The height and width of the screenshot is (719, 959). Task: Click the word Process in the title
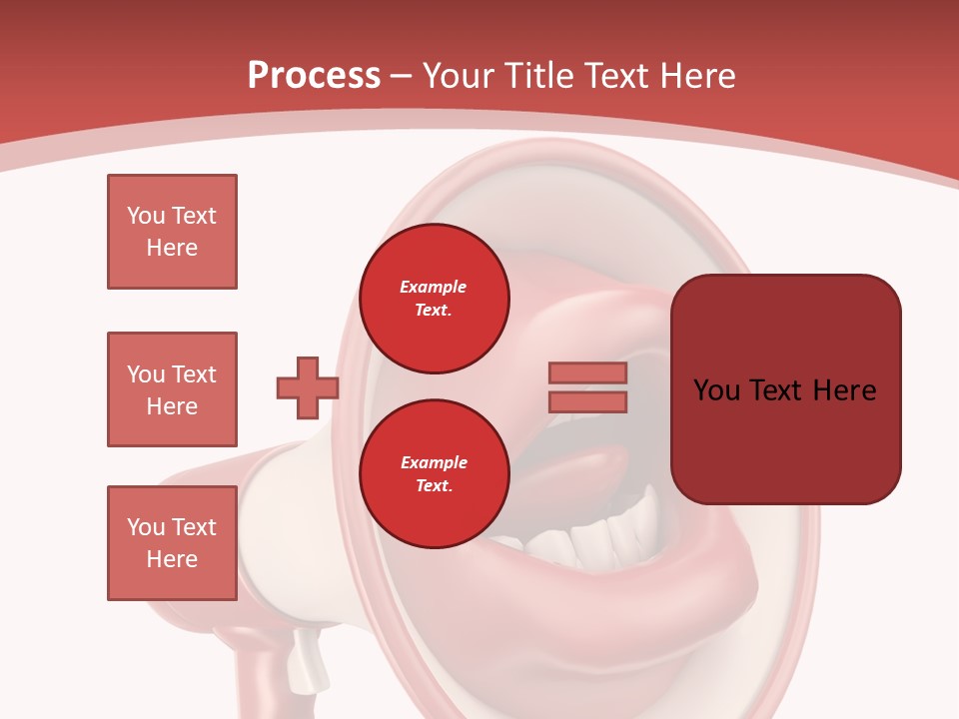pos(314,76)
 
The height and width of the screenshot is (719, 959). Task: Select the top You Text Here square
pos(172,232)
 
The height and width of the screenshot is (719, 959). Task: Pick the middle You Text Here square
pos(172,389)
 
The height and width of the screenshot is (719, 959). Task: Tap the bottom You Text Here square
pos(172,543)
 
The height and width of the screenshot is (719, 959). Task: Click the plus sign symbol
pos(308,387)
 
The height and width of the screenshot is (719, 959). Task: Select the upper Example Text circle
pos(435,299)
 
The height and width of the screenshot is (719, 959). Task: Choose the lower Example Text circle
pos(435,474)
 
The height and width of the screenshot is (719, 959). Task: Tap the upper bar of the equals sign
pos(588,372)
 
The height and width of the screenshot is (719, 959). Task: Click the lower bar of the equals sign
pos(588,401)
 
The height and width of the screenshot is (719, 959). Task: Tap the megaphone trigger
pos(311,659)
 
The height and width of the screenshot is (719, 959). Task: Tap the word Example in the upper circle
pos(434,287)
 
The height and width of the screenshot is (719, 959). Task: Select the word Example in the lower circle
pos(434,462)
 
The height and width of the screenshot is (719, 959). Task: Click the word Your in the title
pos(461,76)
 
